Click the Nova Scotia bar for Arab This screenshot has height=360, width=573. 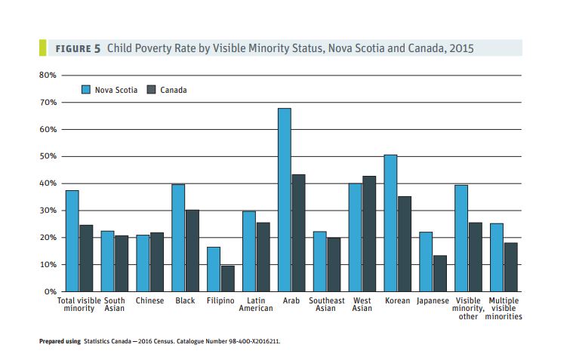[x=285, y=200]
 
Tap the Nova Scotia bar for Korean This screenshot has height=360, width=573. [x=390, y=223]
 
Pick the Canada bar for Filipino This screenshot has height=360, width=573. [x=227, y=278]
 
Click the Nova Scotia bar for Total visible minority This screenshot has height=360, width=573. [x=72, y=241]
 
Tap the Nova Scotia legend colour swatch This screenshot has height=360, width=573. [x=87, y=90]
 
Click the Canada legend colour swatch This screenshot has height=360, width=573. [x=151, y=90]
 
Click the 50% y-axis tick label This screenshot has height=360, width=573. [x=48, y=156]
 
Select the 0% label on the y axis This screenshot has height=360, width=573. [x=50, y=291]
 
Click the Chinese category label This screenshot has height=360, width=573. [x=149, y=301]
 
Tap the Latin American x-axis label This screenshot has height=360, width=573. [x=256, y=305]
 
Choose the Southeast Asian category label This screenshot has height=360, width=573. [x=326, y=305]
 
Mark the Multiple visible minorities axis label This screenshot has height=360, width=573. [x=504, y=309]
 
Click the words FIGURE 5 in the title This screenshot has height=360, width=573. [x=78, y=48]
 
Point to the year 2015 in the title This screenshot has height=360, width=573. [x=460, y=48]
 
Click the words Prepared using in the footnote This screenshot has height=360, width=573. [x=60, y=341]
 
